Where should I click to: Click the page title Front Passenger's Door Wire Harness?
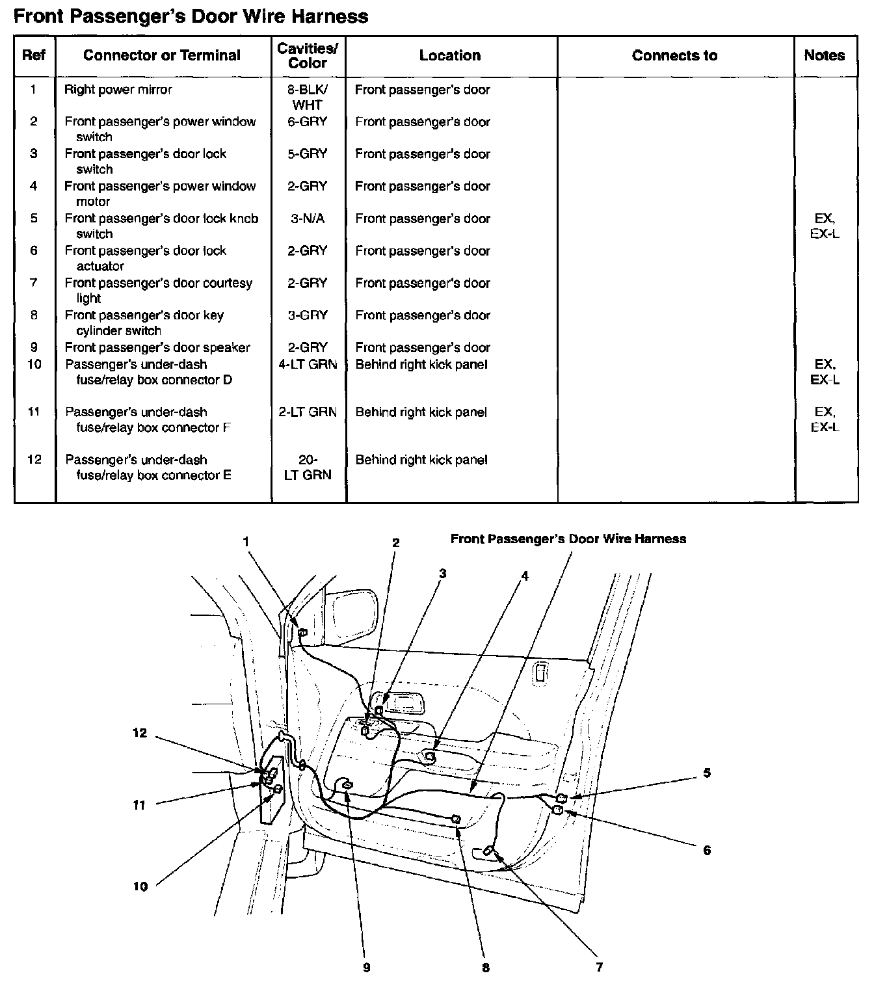pos(191,16)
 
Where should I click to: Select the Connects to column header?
pos(674,56)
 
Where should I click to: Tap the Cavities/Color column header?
pos(308,56)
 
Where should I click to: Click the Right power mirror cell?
pos(118,90)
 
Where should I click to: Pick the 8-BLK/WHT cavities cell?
pos(308,97)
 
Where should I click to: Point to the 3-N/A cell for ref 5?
pos(308,219)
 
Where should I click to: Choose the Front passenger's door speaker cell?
pos(157,347)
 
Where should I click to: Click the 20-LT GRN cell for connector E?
pos(308,468)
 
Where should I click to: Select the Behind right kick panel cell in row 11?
pos(421,412)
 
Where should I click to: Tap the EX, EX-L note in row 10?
pos(825,372)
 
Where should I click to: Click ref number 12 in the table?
pos(34,460)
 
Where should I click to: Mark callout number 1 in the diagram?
pos(246,540)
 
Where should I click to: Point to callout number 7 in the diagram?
pos(599,966)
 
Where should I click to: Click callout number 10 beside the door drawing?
pos(140,886)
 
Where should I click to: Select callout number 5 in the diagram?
pos(707,773)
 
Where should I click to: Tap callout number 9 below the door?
pos(367,968)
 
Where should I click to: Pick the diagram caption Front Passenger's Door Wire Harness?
pos(568,539)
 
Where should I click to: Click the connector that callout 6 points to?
pos(557,810)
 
